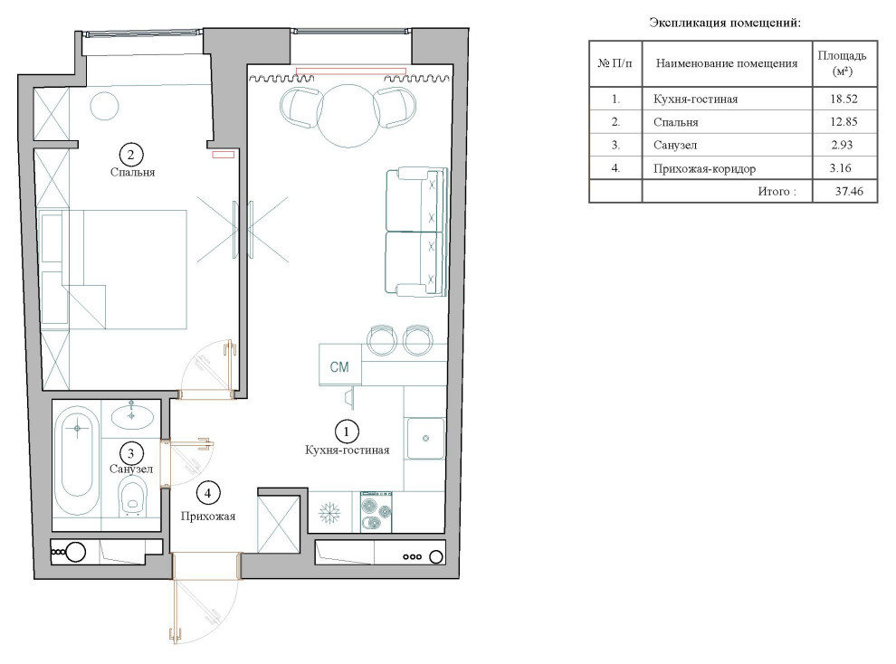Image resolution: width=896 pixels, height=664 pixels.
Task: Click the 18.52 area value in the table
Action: [844, 99]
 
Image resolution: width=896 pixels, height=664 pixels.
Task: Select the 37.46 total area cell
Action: [849, 191]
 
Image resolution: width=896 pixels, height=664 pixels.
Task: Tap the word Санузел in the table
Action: [675, 145]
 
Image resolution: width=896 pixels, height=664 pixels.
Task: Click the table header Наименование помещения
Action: [726, 63]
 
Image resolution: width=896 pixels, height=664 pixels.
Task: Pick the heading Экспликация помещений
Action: [725, 23]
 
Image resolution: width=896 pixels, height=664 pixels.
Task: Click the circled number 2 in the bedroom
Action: [131, 154]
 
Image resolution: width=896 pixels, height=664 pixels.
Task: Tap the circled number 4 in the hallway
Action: [208, 493]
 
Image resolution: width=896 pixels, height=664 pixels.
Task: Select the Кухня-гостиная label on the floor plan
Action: [347, 450]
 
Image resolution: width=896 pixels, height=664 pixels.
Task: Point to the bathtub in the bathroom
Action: [77, 460]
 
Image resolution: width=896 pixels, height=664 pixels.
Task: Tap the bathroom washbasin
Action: [132, 415]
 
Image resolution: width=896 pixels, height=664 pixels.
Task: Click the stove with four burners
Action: [376, 511]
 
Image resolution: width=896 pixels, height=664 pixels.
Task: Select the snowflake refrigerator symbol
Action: [329, 513]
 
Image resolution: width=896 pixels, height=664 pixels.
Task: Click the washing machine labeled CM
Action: [340, 365]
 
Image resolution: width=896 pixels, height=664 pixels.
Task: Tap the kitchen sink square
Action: [425, 438]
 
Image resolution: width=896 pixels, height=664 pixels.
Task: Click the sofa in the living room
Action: [415, 232]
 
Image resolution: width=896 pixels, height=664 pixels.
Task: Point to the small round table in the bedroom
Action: [104, 106]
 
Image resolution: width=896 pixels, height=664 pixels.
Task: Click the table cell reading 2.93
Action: [842, 145]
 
